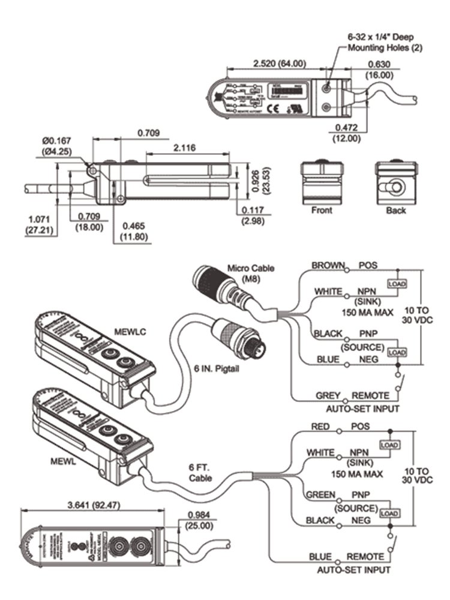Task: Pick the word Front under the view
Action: point(322,211)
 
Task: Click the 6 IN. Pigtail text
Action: point(216,368)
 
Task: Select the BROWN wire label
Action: point(328,265)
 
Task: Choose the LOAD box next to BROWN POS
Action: point(397,283)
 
